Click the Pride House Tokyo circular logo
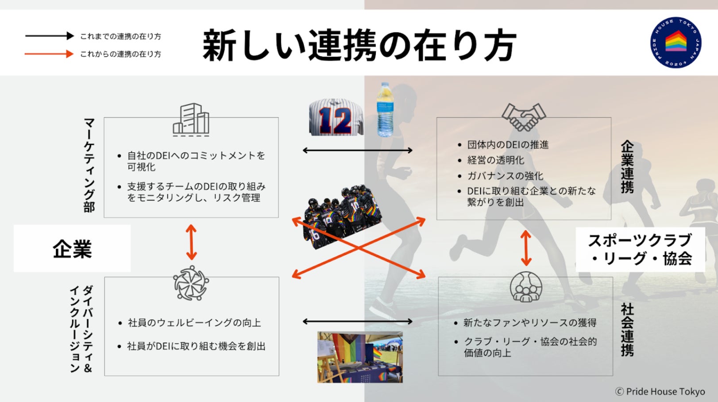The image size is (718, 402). tap(676, 43)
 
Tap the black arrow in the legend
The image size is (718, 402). tap(49, 36)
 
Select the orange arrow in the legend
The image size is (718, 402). tap(49, 54)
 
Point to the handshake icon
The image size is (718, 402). tap(524, 117)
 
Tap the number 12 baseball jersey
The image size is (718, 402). tap(336, 117)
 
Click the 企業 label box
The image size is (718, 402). tap(72, 248)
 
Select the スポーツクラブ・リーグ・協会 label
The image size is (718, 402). tap(640, 249)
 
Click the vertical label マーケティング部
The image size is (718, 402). tap(89, 165)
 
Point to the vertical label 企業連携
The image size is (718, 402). tap(627, 167)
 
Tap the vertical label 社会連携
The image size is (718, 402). tap(627, 330)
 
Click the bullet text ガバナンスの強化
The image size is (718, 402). tap(505, 176)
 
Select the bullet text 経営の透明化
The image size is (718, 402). tap(496, 160)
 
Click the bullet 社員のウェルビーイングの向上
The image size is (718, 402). tap(194, 323)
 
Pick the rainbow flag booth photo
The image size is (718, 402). tap(360, 357)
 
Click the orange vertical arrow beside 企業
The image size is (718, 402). tap(191, 242)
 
